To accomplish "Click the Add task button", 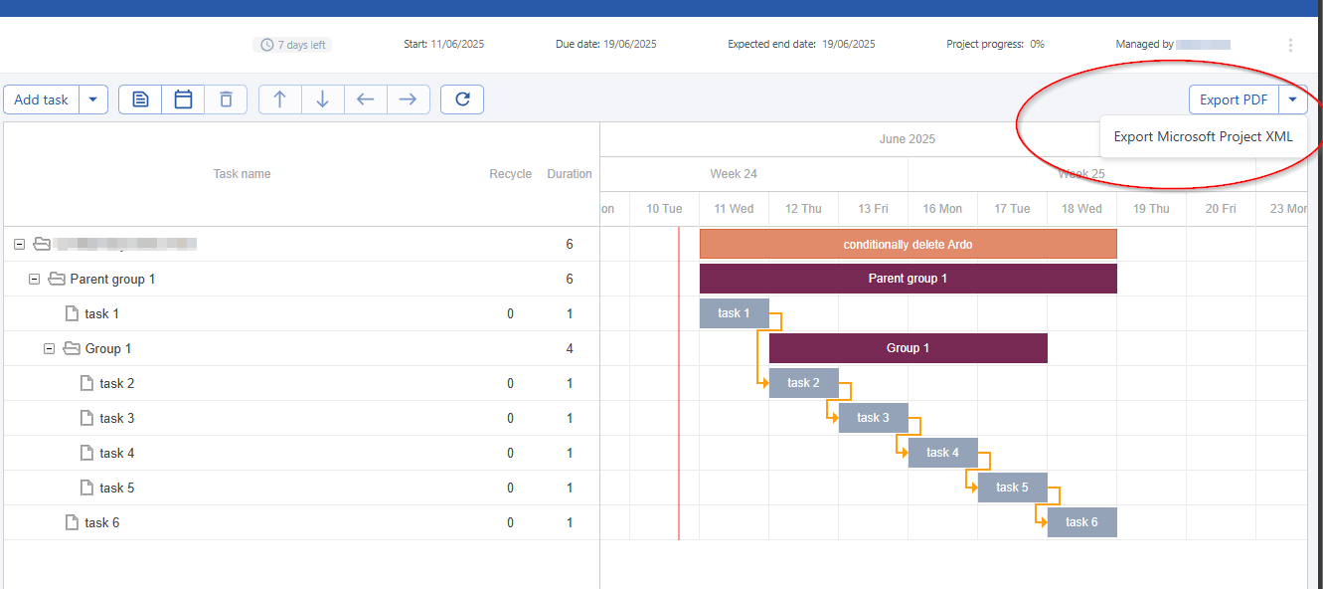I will point(42,99).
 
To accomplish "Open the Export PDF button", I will point(1233,99).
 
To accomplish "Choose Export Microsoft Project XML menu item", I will point(1203,137).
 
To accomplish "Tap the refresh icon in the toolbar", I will point(461,99).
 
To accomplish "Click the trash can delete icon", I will point(226,99).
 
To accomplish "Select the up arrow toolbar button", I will point(280,99).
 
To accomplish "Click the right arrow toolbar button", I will point(408,99).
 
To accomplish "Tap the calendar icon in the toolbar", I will point(183,99).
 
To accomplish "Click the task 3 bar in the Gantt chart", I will point(873,418).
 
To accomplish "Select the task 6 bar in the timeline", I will point(1081,522).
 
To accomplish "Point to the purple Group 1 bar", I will point(908,348).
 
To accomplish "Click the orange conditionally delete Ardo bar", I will point(908,244).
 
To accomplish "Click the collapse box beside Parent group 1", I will point(35,280).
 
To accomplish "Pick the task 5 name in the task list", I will point(117,488).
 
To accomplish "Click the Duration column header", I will point(569,174).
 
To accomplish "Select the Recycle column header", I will point(510,174).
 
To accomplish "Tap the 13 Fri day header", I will point(873,209).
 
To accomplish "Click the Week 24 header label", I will point(734,174).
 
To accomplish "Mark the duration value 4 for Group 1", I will point(570,348).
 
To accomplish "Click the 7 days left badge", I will point(292,45).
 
